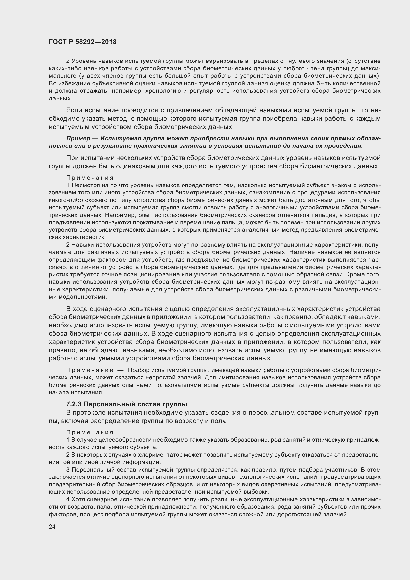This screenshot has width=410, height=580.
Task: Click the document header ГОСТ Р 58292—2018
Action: click(83, 42)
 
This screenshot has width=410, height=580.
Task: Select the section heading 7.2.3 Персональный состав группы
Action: click(127, 404)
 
